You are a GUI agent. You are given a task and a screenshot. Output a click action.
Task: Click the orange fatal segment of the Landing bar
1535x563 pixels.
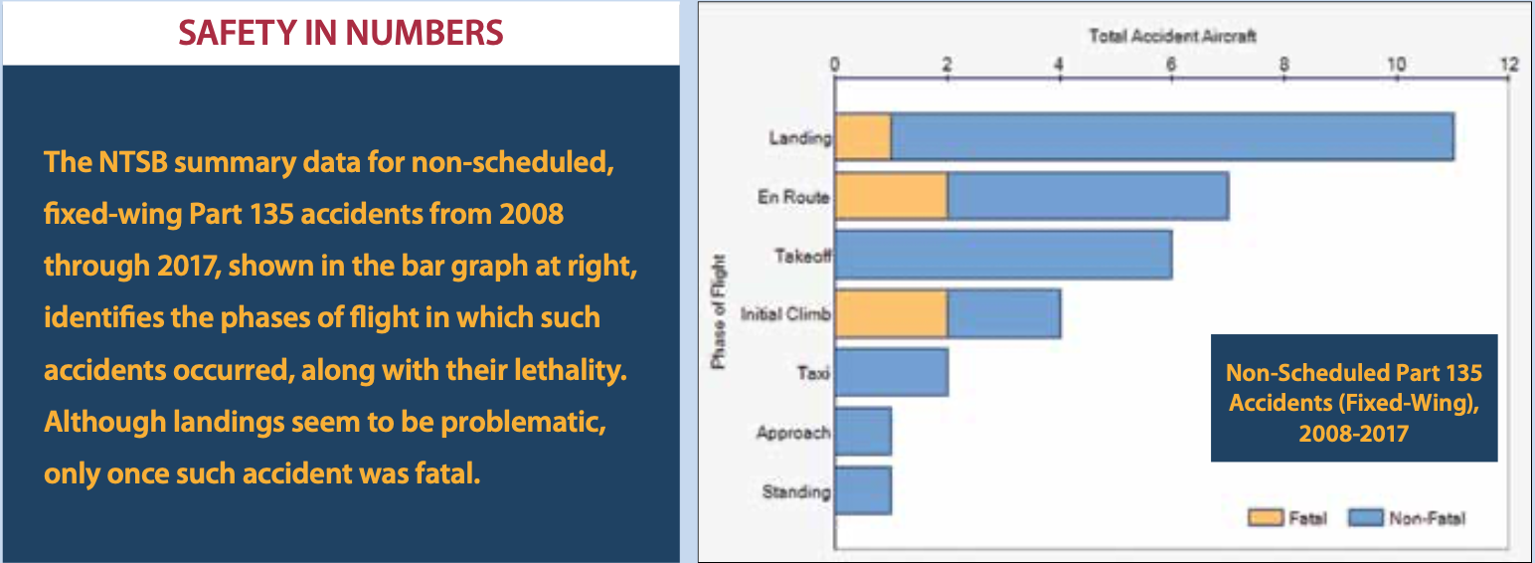point(863,137)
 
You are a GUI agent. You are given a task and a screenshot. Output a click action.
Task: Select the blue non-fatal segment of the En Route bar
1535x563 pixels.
point(1089,196)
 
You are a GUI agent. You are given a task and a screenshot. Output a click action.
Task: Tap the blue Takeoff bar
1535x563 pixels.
point(1003,255)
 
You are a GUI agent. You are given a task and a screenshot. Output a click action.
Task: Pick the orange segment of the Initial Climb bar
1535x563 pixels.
point(891,314)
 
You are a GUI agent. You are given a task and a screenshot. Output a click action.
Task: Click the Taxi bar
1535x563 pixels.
point(892,372)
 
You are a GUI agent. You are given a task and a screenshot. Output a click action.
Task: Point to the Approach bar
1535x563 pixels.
point(863,432)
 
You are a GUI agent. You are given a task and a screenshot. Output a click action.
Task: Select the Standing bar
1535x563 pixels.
point(863,490)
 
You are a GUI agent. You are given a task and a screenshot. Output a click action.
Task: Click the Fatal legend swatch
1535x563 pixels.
point(1265,517)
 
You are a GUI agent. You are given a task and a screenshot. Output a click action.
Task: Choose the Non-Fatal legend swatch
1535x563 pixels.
point(1365,517)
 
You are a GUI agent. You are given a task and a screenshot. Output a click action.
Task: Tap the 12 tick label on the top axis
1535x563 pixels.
point(1509,65)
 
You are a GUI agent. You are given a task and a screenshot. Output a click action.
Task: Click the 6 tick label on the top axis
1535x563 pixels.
point(1171,65)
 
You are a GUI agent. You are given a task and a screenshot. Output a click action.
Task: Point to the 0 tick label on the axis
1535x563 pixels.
point(835,65)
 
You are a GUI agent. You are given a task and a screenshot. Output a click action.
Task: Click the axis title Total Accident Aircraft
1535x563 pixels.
point(1172,36)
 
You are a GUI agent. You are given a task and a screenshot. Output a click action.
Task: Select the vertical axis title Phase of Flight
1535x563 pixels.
point(718,312)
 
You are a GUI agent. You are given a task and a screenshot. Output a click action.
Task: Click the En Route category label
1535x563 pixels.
point(793,197)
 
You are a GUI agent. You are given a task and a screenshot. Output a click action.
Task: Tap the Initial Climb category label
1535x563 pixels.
point(785,314)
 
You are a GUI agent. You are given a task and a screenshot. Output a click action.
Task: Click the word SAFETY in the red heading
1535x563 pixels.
point(237,33)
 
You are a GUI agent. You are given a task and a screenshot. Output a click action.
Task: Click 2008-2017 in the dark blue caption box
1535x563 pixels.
point(1353,434)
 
